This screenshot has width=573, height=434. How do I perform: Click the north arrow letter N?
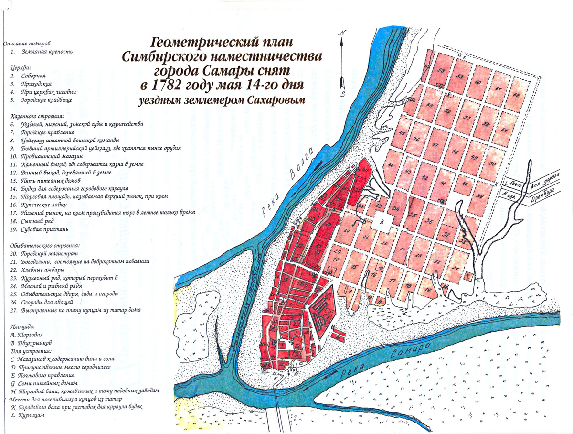click(341, 33)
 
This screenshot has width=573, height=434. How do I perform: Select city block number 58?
click(441, 71)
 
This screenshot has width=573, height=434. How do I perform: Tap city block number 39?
click(480, 196)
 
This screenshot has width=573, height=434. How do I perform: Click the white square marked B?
click(382, 221)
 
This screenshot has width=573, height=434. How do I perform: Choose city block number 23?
click(418, 256)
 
